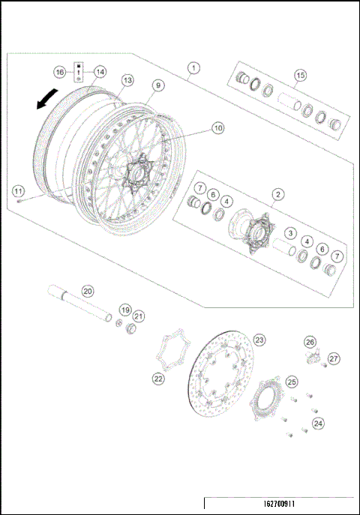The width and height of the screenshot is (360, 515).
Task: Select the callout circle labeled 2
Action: coord(277,194)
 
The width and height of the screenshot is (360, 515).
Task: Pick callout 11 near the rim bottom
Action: coord(17,188)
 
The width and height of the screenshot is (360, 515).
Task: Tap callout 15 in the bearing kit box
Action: coord(300,75)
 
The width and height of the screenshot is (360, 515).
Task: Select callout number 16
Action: coord(60,72)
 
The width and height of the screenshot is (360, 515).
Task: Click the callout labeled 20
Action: coord(87,291)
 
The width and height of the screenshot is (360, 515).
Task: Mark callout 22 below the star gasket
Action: coord(158,379)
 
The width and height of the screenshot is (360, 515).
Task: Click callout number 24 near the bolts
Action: coord(319,424)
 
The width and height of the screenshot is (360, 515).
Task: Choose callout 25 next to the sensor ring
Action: coord(292,382)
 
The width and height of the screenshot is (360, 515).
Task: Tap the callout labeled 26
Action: coord(309,342)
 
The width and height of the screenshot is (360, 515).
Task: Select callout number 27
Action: coord(334,358)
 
